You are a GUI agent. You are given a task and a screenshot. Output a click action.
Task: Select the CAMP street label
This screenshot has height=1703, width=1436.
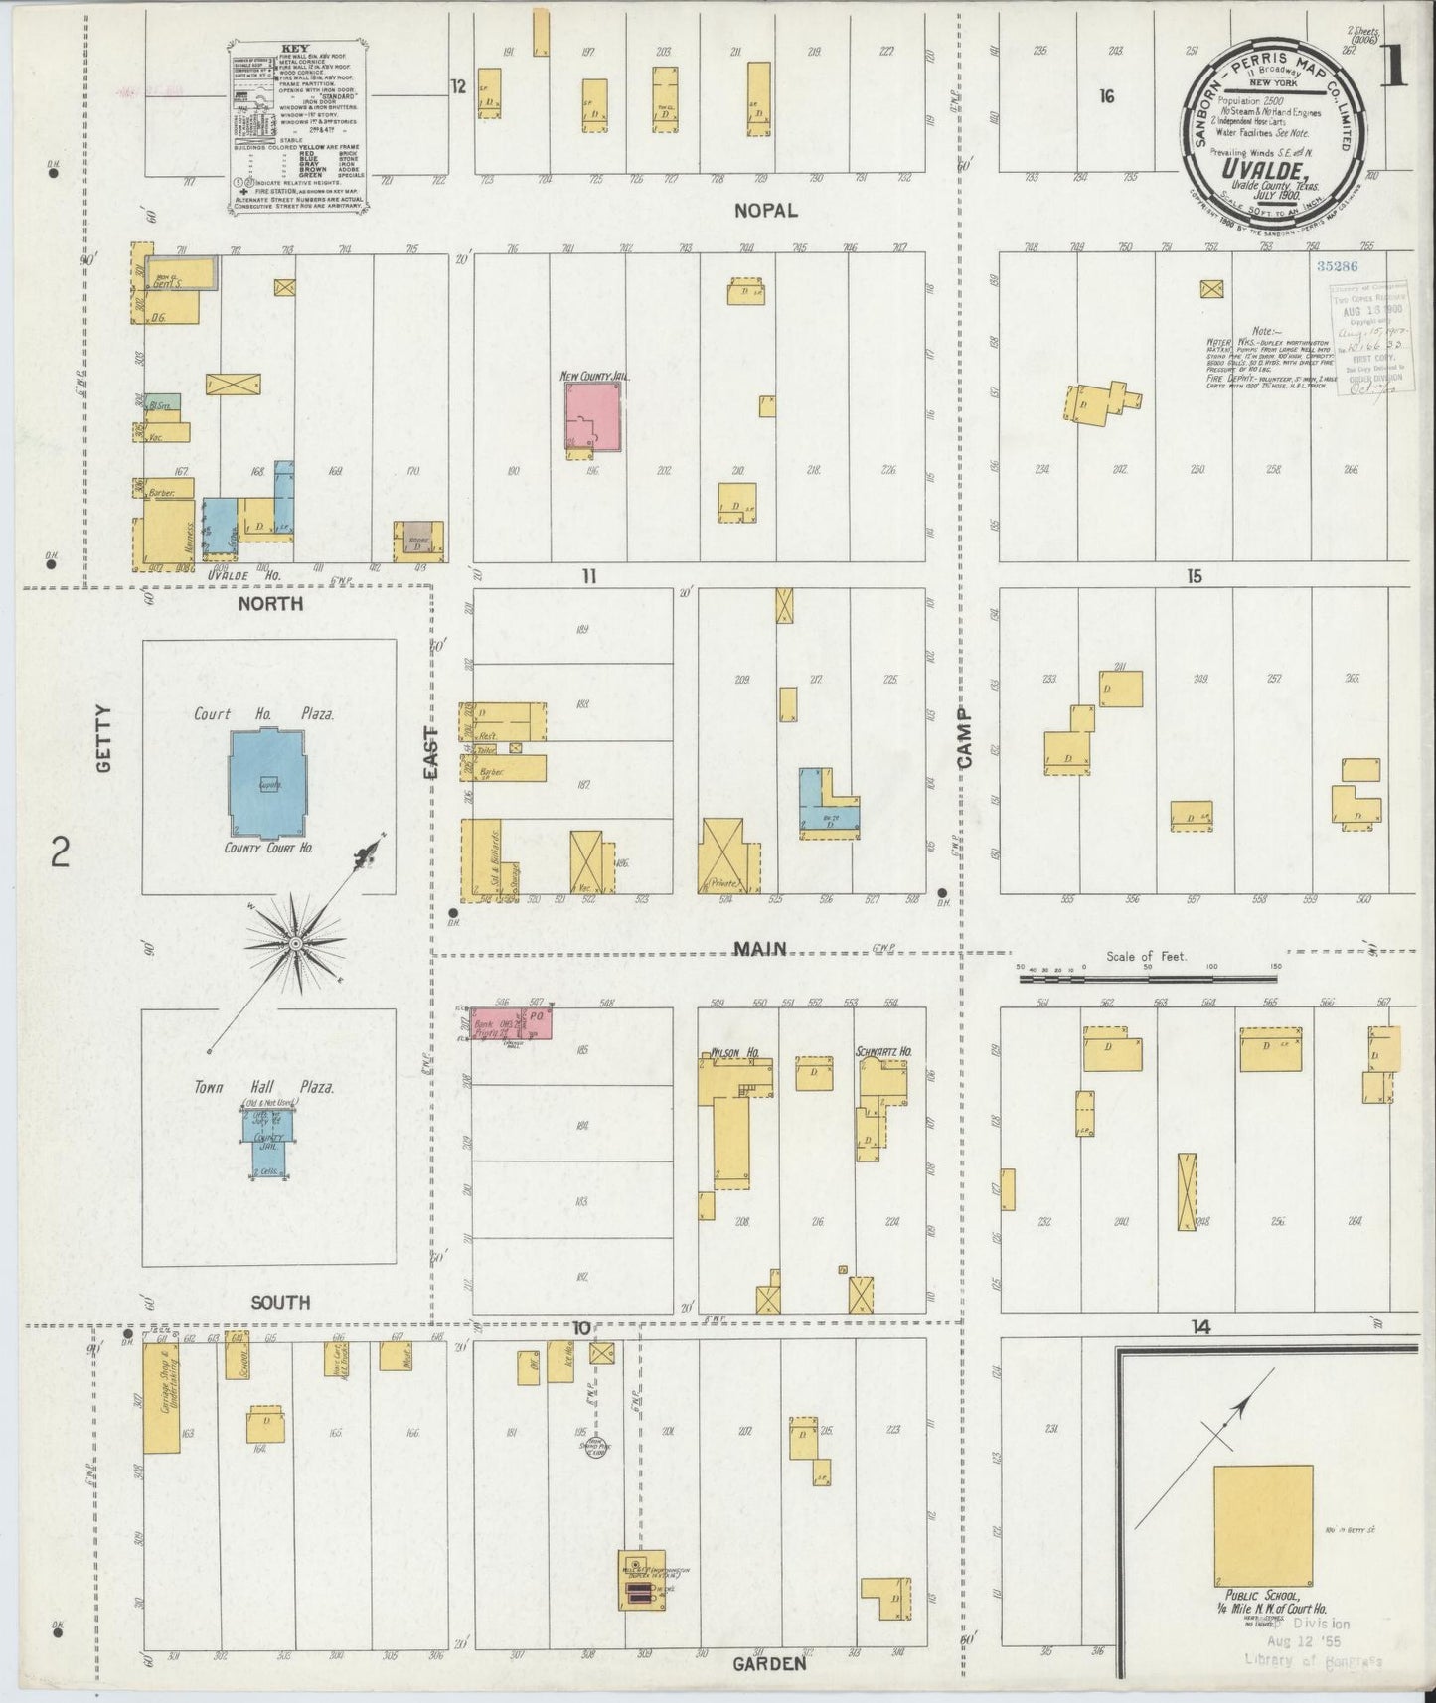[965, 737]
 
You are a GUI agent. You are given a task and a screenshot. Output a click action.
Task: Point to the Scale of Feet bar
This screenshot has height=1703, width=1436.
[1147, 979]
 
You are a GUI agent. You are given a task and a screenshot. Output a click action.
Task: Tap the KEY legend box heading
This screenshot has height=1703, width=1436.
[293, 46]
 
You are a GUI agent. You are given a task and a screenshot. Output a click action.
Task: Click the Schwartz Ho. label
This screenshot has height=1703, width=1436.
[883, 1050]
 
